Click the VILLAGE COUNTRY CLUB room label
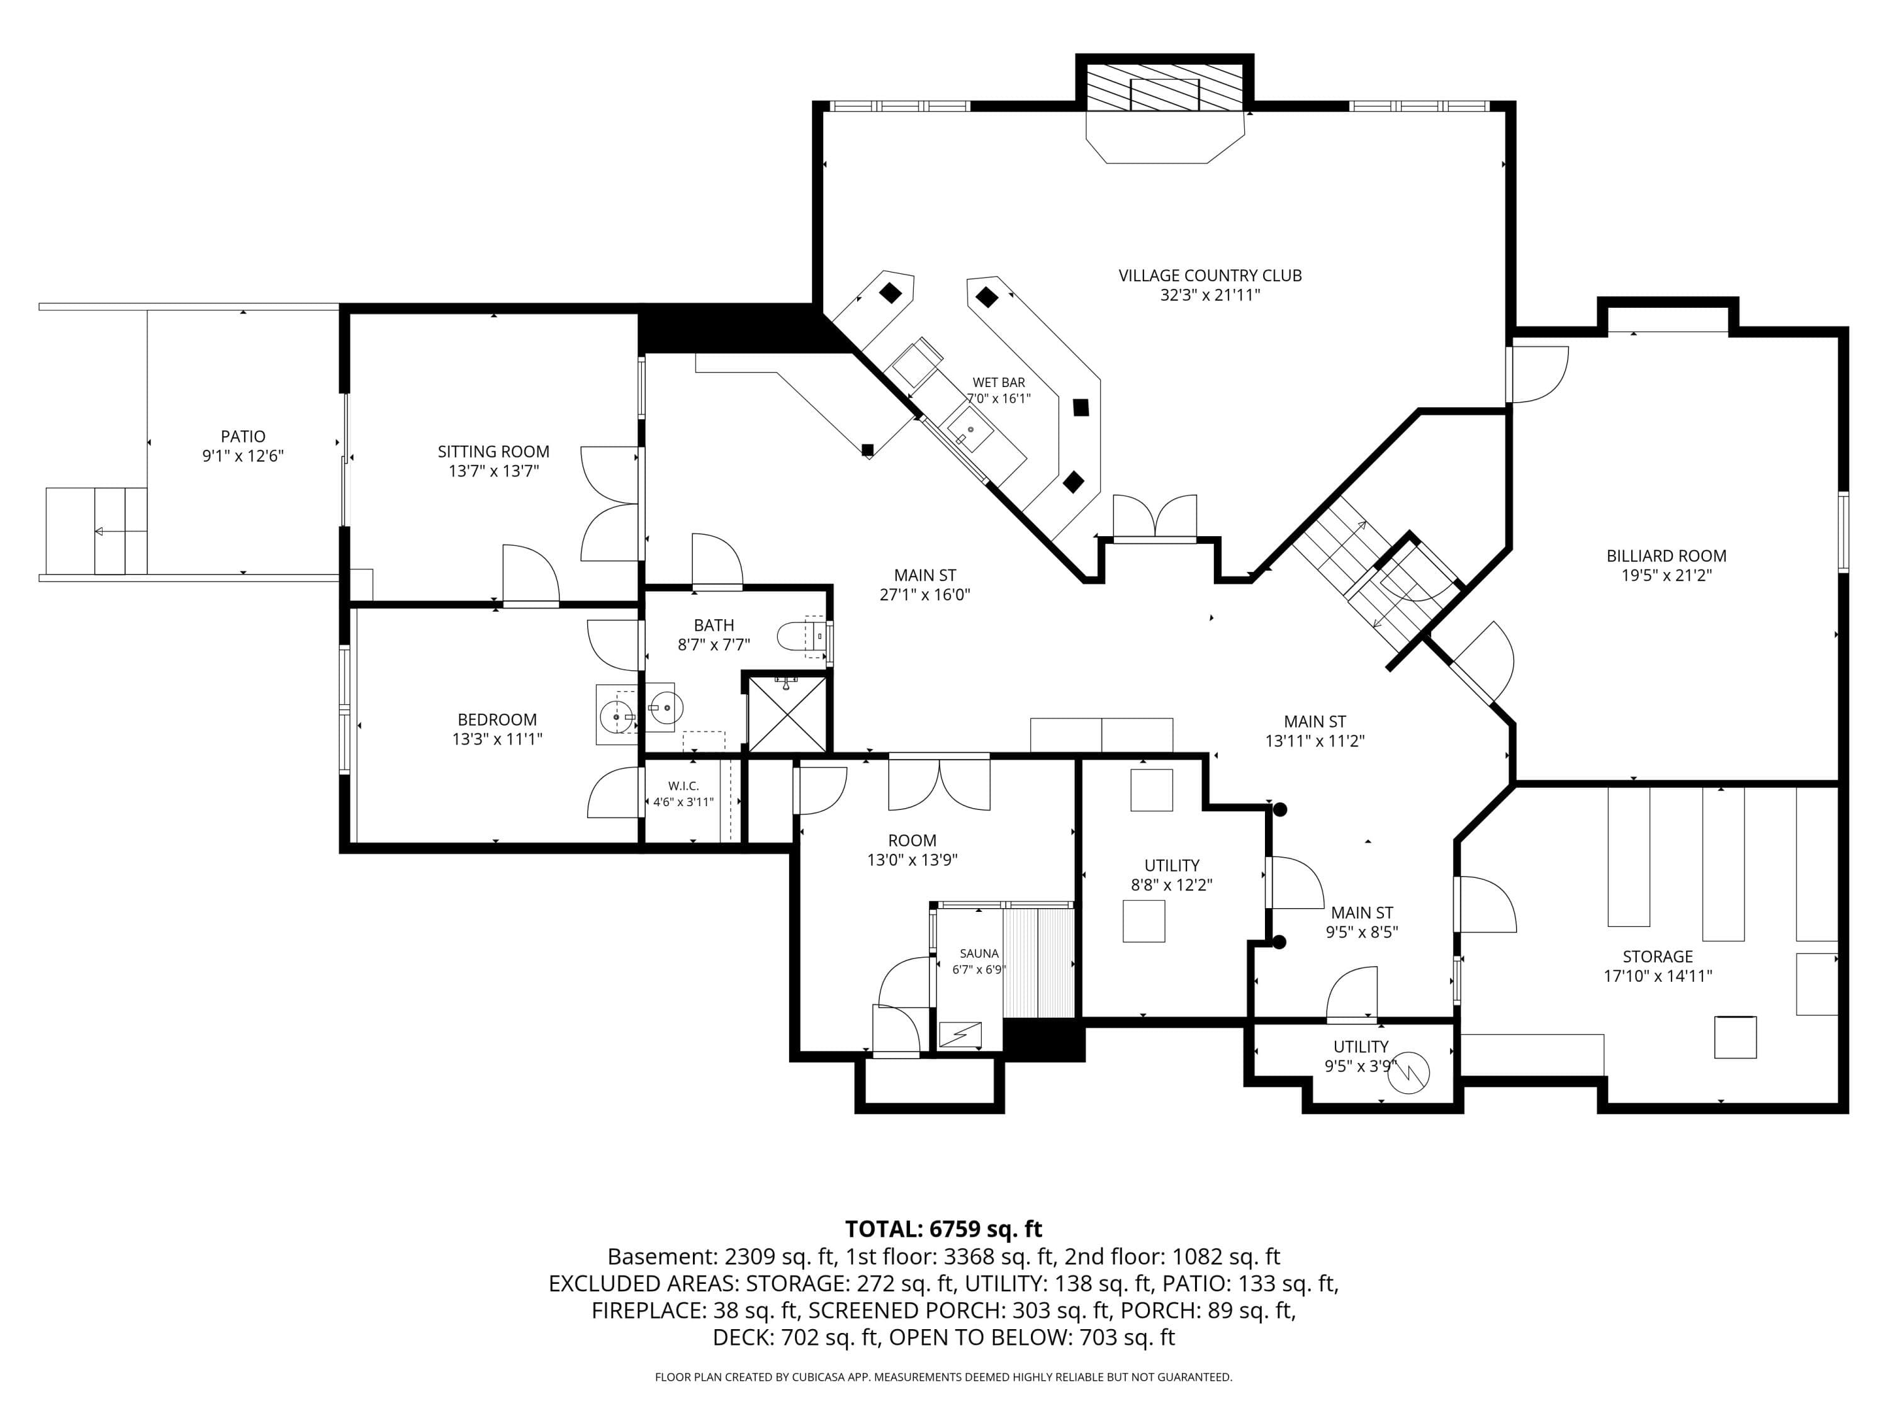[1210, 276]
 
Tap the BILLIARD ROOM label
[1666, 556]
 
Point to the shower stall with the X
[787, 714]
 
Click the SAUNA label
[979, 953]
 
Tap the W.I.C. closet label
[683, 785]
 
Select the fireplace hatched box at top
[1164, 86]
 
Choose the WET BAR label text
[999, 383]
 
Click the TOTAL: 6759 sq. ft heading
[943, 1229]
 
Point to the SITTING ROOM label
[493, 451]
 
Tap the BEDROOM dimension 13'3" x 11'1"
[497, 739]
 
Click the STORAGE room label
[1658, 957]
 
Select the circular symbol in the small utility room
[1408, 1075]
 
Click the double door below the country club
[1155, 517]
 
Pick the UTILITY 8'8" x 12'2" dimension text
[1171, 885]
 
